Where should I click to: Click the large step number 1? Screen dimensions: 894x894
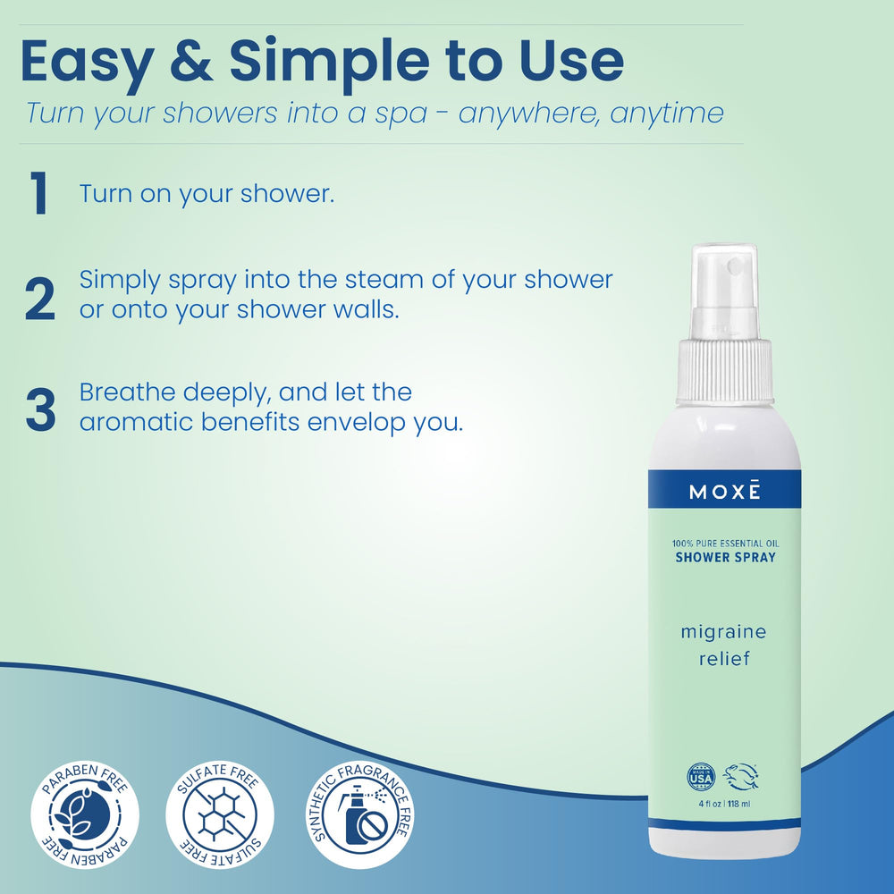pos(38,195)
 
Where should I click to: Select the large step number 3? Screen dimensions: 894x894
pos(40,408)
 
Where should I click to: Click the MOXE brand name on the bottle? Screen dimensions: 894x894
pos(724,492)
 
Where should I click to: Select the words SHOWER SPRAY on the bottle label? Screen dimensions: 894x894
pos(724,558)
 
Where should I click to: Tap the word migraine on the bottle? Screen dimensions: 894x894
pos(723,633)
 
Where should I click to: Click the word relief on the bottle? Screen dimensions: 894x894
pos(723,660)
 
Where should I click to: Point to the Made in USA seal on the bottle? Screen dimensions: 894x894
pos(701,776)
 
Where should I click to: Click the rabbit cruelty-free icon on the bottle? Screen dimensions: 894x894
pos(744,776)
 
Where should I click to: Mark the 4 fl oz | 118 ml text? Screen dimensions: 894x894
pos(724,802)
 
